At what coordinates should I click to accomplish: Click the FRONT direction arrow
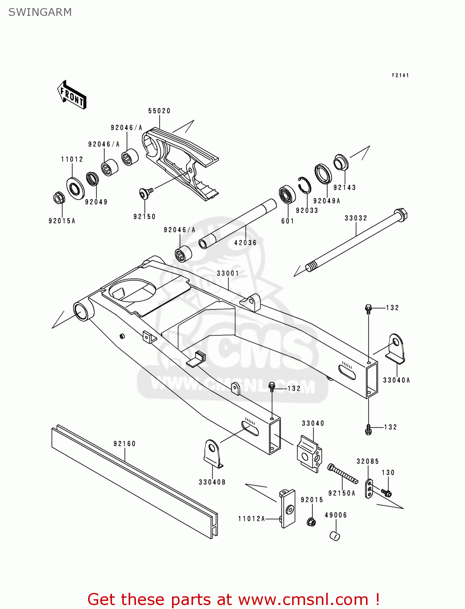point(72,95)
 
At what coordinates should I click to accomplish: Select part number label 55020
point(159,111)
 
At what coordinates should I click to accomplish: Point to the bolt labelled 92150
point(145,193)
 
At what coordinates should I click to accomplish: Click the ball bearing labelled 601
point(287,195)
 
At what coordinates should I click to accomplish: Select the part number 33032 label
point(356,218)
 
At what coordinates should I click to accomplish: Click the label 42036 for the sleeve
point(245,243)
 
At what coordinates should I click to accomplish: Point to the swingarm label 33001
point(228,273)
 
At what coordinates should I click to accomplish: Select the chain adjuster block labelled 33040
point(310,454)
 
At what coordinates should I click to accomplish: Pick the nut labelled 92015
point(312,522)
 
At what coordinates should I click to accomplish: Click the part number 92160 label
point(125,444)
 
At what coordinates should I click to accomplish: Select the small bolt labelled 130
point(387,493)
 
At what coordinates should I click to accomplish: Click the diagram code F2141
point(400,75)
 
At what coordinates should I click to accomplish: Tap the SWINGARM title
point(40,12)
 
